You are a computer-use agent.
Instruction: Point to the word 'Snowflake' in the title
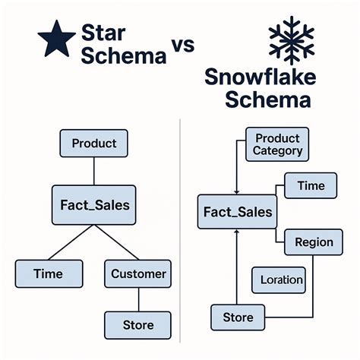point(261,77)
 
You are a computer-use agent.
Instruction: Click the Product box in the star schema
point(93,143)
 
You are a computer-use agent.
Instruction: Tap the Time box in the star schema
point(49,273)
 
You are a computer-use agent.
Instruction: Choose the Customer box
point(138,273)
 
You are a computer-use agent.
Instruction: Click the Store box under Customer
point(138,325)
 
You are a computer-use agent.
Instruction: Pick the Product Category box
point(277,144)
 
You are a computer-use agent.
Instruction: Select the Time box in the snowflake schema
point(311,185)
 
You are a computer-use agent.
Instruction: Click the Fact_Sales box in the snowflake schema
point(238,212)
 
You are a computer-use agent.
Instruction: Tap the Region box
point(314,242)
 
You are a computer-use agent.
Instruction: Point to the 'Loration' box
point(282,279)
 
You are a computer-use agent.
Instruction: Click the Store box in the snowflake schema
point(238,316)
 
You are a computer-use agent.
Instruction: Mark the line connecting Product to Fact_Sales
point(93,170)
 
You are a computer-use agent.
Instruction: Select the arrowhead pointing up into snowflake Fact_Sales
point(238,234)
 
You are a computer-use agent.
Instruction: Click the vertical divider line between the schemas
point(180,228)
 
